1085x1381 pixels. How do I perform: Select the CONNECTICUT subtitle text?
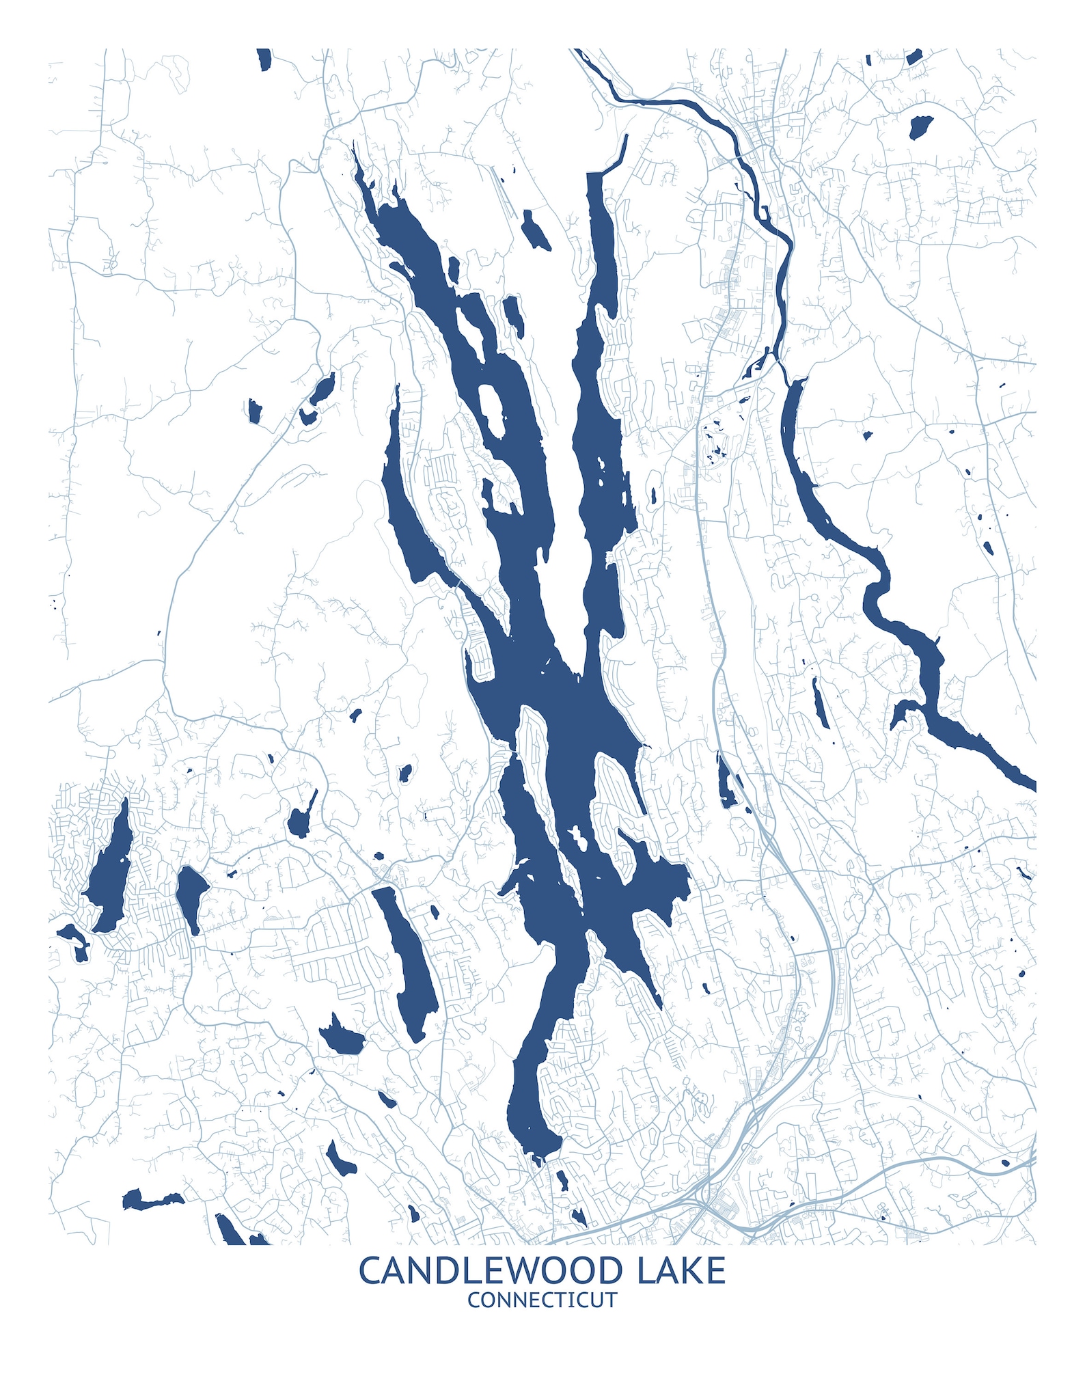542,1300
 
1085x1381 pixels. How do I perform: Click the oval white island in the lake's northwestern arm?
491,410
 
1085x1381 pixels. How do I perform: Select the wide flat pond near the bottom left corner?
150,1199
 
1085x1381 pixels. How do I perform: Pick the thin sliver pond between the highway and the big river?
820,704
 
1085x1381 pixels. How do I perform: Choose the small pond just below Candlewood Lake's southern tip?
562,1181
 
